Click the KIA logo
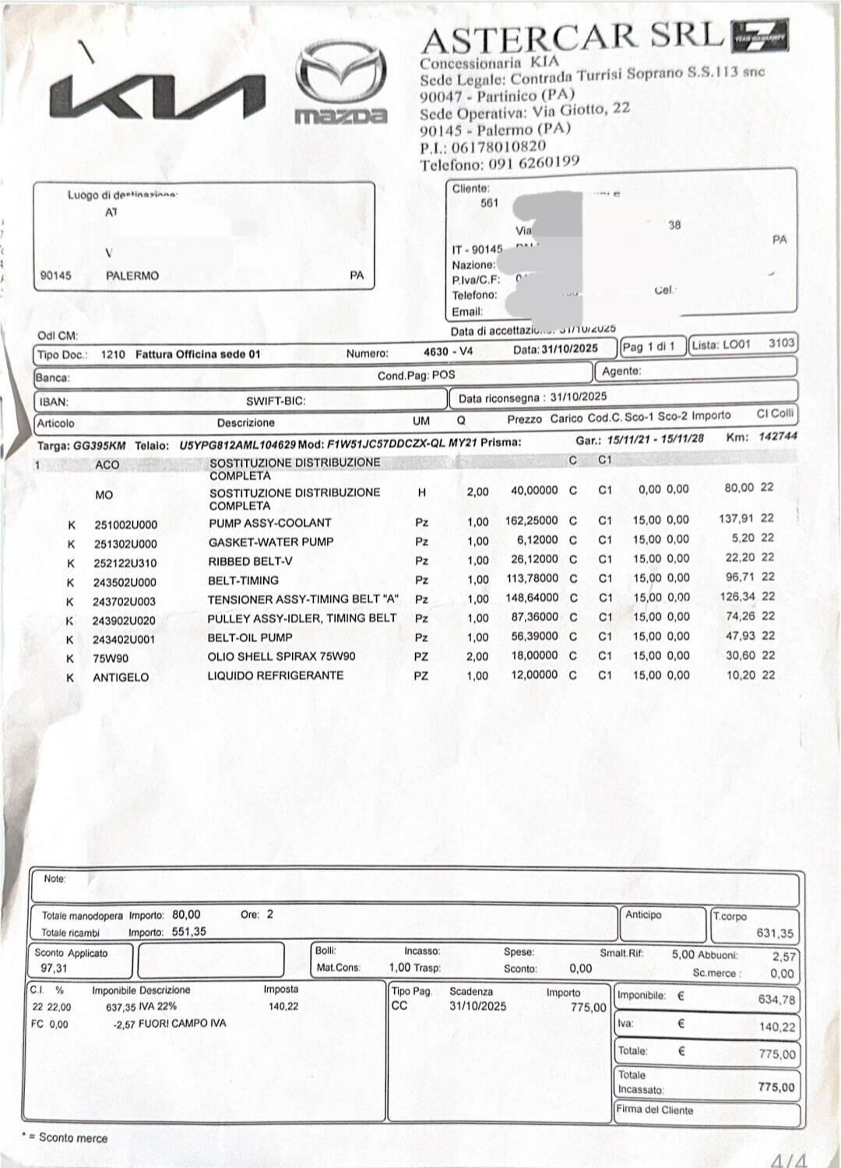(x=157, y=97)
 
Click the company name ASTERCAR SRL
(x=572, y=37)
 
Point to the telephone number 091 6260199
(x=534, y=163)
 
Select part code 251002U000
(x=125, y=524)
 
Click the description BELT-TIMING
(x=243, y=580)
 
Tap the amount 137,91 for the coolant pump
(x=736, y=518)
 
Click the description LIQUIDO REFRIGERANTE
(x=275, y=676)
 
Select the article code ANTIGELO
(x=121, y=677)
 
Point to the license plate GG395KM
(x=99, y=446)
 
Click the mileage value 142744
(x=777, y=436)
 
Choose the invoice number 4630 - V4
(x=448, y=351)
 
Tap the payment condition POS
(x=443, y=375)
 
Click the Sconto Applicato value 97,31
(x=54, y=968)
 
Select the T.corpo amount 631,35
(x=774, y=933)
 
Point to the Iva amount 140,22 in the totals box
(x=776, y=1027)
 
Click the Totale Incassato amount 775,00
(x=776, y=1087)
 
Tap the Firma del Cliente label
(x=654, y=1110)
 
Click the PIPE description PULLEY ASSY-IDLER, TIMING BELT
(x=302, y=619)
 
